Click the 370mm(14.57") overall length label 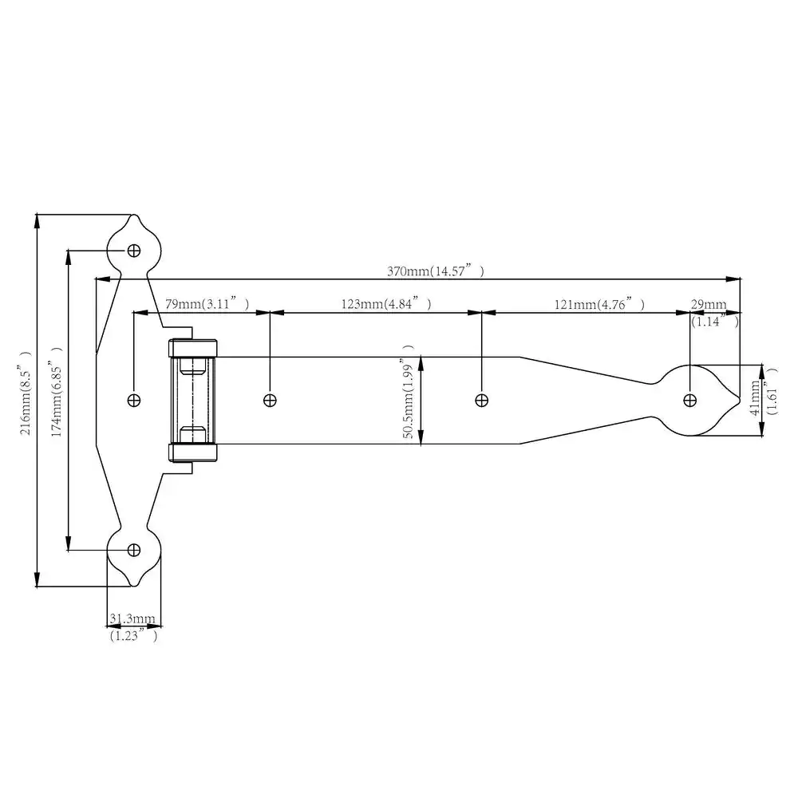tap(435, 271)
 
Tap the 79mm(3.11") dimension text tap(207, 304)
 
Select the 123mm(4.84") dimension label tap(386, 304)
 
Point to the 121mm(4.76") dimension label tap(599, 304)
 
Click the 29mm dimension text tap(709, 304)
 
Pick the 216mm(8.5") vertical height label tap(26, 393)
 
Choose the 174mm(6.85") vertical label tap(57, 391)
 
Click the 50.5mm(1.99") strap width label tap(408, 391)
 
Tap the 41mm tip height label tap(755, 397)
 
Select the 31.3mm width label tap(132, 618)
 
